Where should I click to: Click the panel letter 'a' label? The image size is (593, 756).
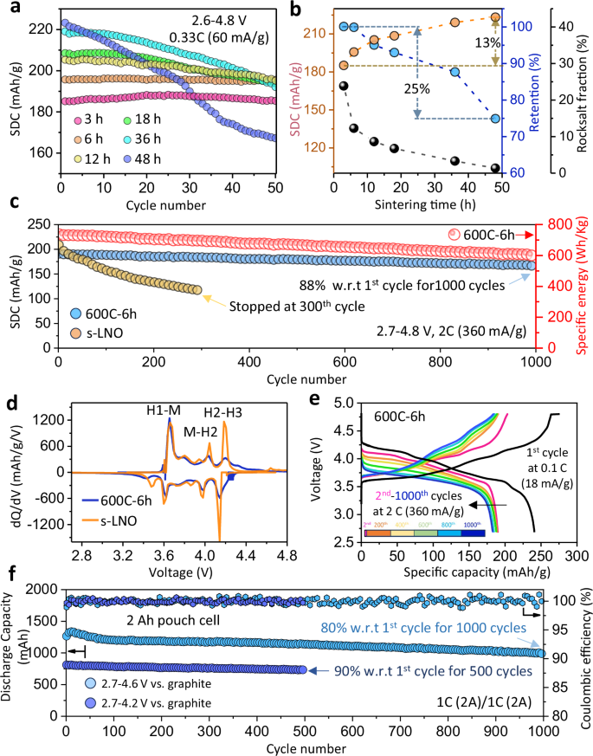(x=10, y=10)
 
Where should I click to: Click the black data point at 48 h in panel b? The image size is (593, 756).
(x=495, y=168)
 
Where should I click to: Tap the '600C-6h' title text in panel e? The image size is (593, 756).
(x=401, y=416)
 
